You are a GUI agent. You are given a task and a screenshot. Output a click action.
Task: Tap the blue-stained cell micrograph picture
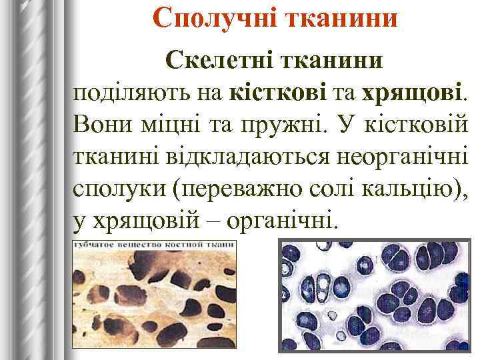coord(373,297)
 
